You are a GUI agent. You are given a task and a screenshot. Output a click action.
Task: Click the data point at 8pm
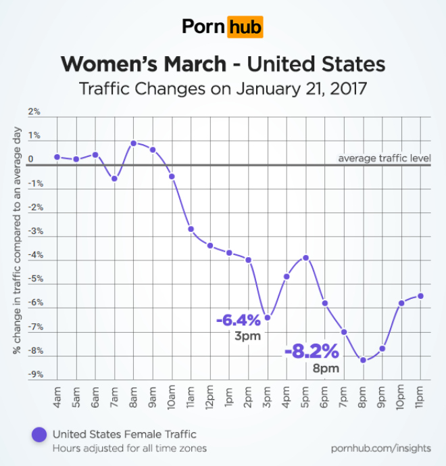[x=363, y=360]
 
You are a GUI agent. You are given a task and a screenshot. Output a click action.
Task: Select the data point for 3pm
[x=268, y=318]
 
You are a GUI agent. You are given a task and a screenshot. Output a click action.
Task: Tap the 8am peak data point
[x=134, y=143]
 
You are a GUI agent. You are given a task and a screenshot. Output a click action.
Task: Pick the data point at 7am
[x=114, y=179]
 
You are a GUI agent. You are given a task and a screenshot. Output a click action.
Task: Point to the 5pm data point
[x=305, y=258]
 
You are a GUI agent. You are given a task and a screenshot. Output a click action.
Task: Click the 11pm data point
[x=420, y=296]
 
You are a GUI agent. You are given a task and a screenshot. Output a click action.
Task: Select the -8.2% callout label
[x=312, y=352]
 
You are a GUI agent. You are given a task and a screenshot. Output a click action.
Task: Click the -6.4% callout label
[x=238, y=320]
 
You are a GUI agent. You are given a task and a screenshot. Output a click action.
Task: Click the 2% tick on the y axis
[x=34, y=112]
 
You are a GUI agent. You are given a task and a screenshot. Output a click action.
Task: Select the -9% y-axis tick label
[x=33, y=375]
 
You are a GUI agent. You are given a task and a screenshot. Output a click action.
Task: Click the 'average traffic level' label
[x=384, y=159]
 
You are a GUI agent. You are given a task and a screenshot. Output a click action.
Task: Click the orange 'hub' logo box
[x=245, y=28]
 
